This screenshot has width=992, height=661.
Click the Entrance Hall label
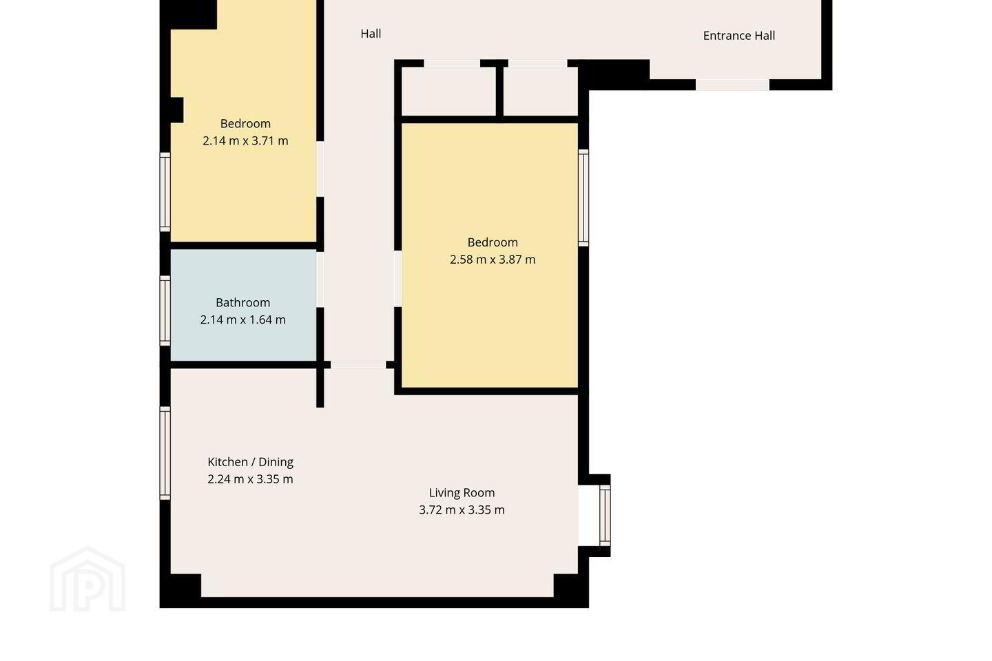[738, 36]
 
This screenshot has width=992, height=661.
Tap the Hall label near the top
[371, 34]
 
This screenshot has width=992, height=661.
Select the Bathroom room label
[242, 302]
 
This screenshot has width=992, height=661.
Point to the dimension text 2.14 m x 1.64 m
[242, 319]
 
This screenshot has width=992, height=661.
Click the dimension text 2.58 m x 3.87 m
[493, 260]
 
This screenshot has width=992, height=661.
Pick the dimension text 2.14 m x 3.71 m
[245, 140]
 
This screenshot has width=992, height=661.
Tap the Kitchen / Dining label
[250, 462]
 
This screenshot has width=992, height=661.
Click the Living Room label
[462, 493]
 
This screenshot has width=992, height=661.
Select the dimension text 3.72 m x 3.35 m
[462, 510]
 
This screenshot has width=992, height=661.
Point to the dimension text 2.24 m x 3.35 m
[250, 479]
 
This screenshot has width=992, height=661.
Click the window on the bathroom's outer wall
[165, 311]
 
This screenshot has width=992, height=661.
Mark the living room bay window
[605, 515]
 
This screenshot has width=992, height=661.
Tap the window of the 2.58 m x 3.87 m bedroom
[583, 198]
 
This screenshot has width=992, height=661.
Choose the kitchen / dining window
[165, 453]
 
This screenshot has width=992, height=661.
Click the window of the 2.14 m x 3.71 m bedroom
[165, 191]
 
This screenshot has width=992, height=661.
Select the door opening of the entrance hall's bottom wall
[732, 85]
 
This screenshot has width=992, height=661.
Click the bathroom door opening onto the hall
[320, 279]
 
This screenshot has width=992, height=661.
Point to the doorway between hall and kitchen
[358, 365]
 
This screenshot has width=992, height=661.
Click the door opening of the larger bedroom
[397, 279]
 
